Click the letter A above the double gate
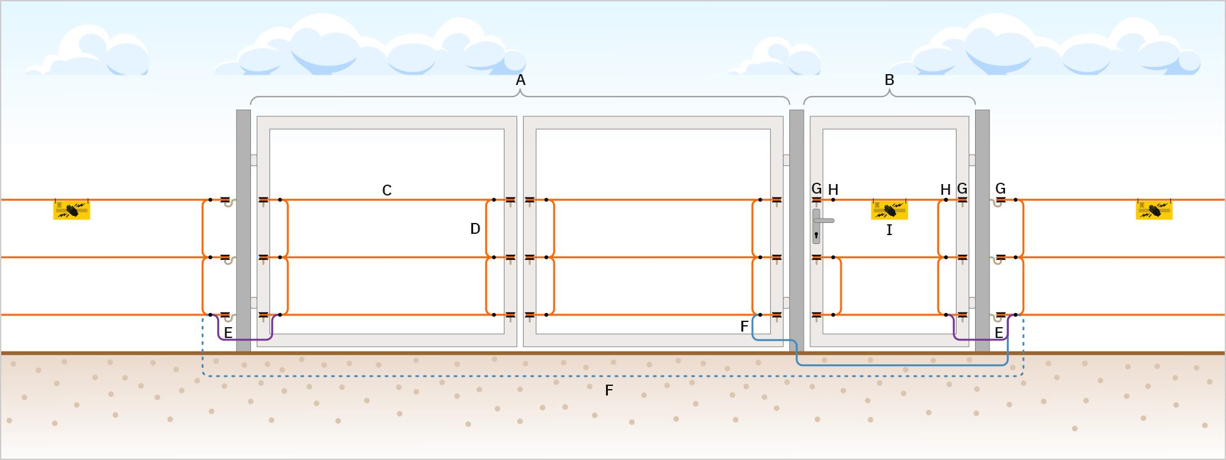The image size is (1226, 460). [x=520, y=80]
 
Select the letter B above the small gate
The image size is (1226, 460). [x=889, y=80]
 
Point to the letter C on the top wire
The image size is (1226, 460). [x=386, y=190]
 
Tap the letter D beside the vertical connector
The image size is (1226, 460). [x=475, y=229]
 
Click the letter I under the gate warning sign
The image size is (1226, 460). [x=889, y=230]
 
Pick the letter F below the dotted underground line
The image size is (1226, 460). [x=609, y=390]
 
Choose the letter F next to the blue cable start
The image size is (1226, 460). [x=744, y=326]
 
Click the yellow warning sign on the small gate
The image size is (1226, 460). [x=889, y=210]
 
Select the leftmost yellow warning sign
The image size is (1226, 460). [x=72, y=210]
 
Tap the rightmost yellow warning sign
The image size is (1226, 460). [x=1154, y=210]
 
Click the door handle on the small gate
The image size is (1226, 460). [x=823, y=220]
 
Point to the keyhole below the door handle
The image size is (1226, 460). [x=816, y=235]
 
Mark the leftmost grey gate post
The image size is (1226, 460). [x=243, y=230]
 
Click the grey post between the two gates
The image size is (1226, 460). [x=796, y=230]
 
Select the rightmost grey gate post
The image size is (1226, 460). [x=982, y=230]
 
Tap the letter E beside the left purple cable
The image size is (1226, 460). [x=228, y=333]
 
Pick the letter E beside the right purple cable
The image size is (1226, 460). [x=999, y=333]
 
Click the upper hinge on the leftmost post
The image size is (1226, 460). [x=254, y=160]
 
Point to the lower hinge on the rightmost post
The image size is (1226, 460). [x=972, y=302]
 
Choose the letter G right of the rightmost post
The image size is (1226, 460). [x=1001, y=188]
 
